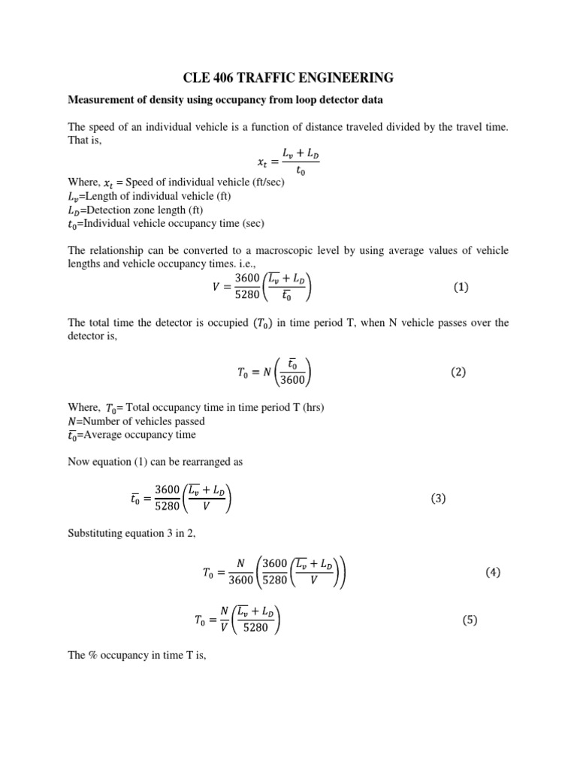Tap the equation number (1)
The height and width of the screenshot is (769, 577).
(x=461, y=287)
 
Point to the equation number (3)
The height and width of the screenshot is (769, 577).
(x=439, y=499)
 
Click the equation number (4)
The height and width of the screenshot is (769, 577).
(x=493, y=572)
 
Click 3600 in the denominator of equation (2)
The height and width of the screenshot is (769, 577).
(x=292, y=381)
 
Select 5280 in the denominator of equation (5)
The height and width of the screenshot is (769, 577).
(x=255, y=628)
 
